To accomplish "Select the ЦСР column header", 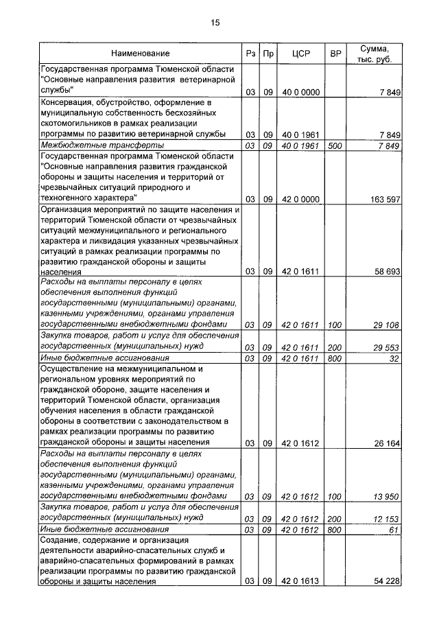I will [x=301, y=54].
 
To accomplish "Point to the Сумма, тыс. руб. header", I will [x=375, y=54].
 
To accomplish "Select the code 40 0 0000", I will [x=301, y=92].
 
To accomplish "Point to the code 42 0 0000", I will [x=301, y=199].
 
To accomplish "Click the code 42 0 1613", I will [x=301, y=582].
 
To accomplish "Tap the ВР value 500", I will [x=335, y=146].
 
